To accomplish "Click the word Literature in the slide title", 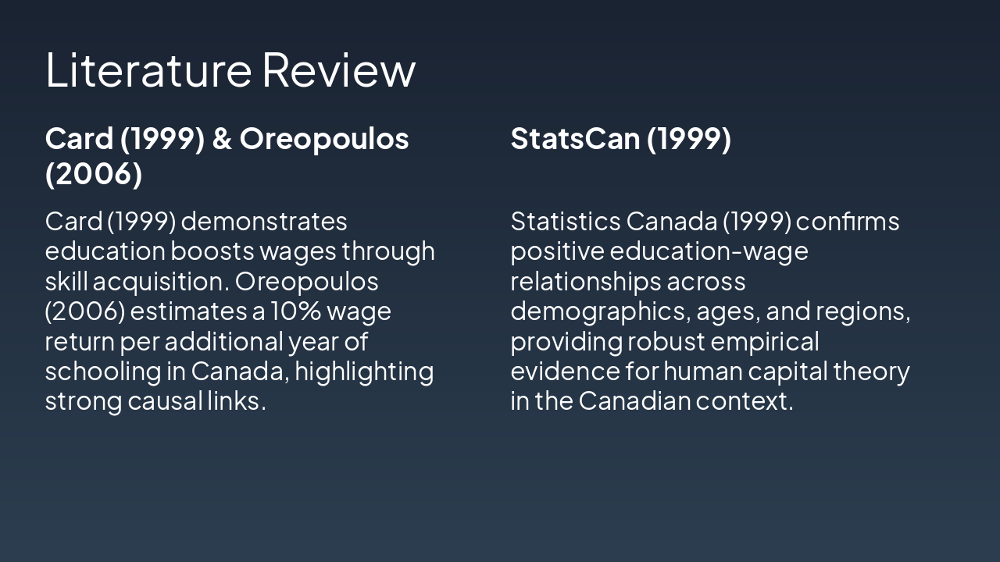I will coord(148,69).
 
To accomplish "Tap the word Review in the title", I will coord(338,69).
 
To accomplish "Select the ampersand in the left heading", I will coord(222,139).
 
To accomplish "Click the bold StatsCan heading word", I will coord(574,139).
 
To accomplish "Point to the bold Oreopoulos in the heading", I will coord(324,139).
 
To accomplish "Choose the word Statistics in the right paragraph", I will coord(565,222).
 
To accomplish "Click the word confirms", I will coord(848,222).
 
